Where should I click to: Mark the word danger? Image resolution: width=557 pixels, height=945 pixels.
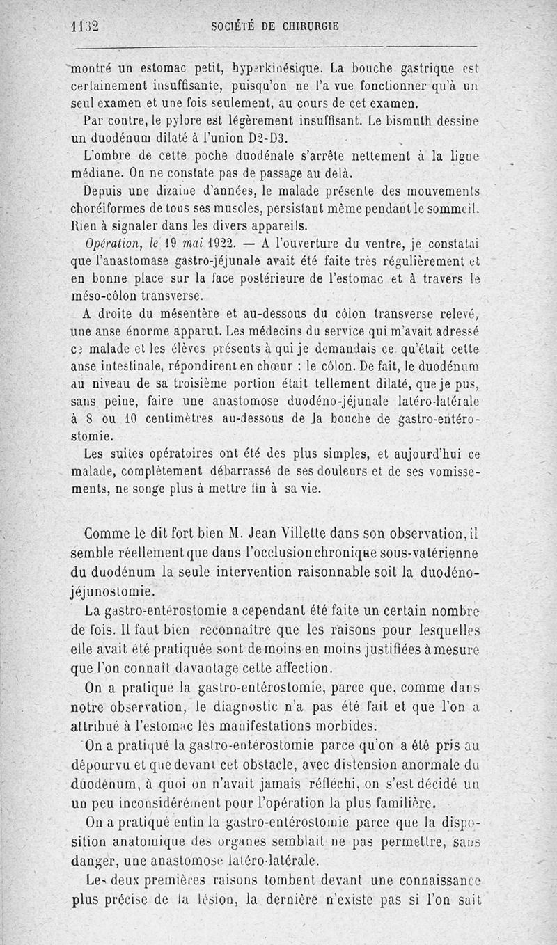click(x=95, y=860)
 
